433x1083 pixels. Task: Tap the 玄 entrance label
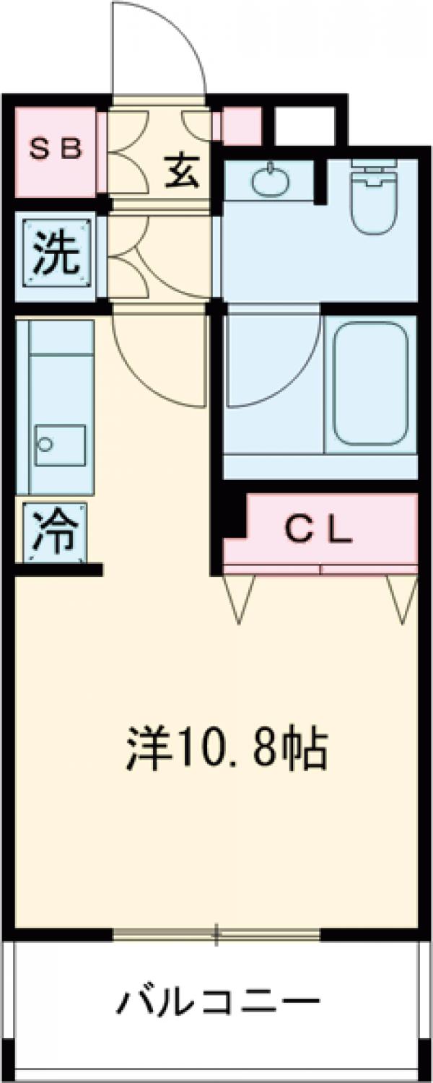tap(181, 170)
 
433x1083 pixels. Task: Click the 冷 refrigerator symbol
tap(55, 532)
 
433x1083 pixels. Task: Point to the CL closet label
tap(318, 531)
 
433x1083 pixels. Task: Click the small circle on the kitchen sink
tap(45, 444)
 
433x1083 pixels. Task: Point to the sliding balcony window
tap(216, 934)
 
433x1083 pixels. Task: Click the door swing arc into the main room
tap(159, 361)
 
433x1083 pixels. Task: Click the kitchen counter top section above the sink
tap(61, 337)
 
